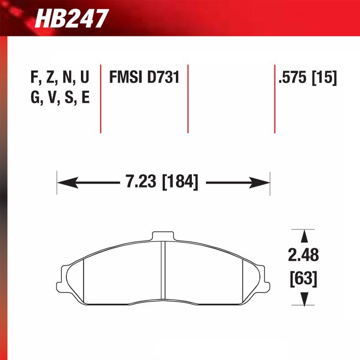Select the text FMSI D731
[144, 78]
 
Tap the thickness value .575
[294, 78]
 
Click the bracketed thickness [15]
[324, 78]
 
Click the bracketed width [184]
[180, 183]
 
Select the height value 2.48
[304, 255]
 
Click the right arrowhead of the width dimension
[262, 183]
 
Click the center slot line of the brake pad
[164, 273]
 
